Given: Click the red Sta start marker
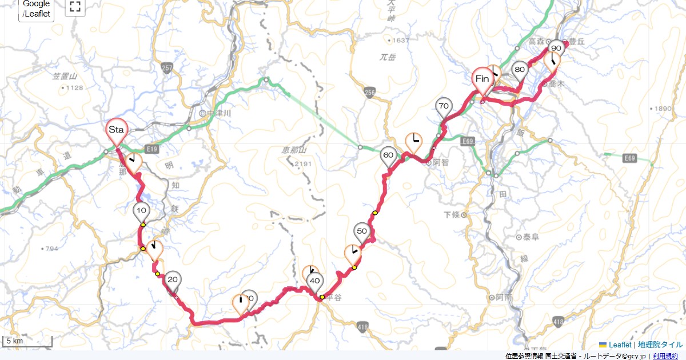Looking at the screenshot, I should (x=117, y=131).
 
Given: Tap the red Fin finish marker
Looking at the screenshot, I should (x=482, y=79).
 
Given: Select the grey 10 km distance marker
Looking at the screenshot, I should (x=142, y=211).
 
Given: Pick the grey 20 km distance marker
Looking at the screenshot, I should (x=173, y=280).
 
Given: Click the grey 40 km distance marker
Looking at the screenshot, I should (x=314, y=281).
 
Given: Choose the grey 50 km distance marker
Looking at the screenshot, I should (x=362, y=231).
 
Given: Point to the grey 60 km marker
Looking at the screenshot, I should (x=389, y=155).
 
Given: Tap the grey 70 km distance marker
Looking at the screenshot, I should (x=443, y=107).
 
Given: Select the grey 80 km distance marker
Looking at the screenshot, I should (x=520, y=70).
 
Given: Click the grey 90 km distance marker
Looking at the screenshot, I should (x=556, y=49).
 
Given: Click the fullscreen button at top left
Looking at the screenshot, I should (x=75, y=7).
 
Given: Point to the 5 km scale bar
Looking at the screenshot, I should (x=27, y=342).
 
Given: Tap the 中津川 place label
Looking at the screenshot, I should (x=218, y=113).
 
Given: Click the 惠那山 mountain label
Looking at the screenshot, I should (x=295, y=150).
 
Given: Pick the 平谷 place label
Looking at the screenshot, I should (x=333, y=297).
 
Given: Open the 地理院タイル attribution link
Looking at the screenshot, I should (x=660, y=345).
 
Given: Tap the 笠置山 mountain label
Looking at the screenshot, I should (x=65, y=76).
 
